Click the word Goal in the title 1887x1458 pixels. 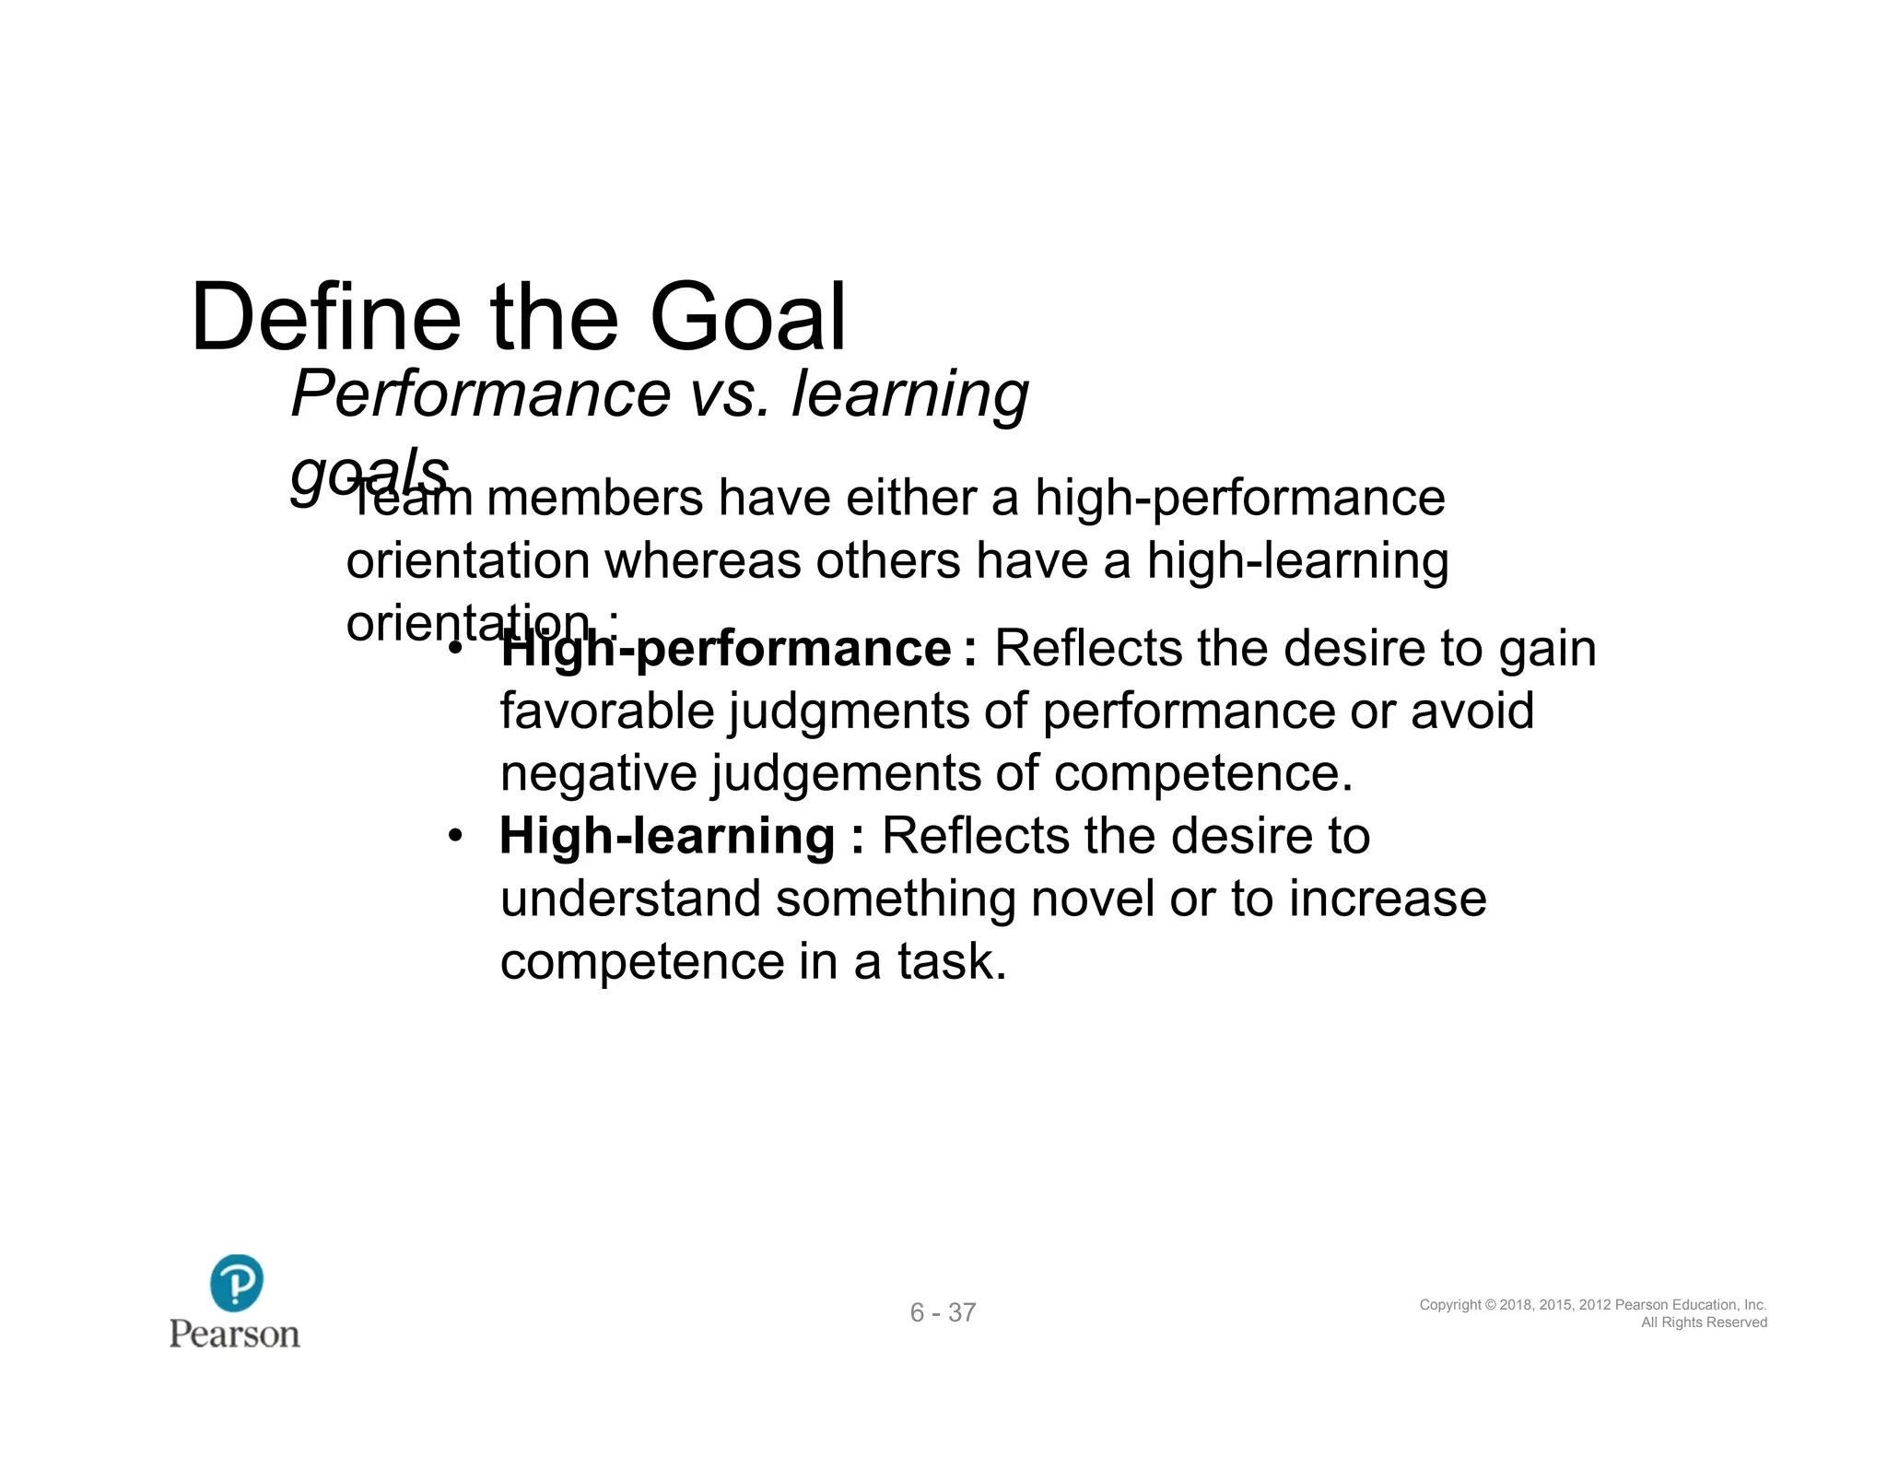747,318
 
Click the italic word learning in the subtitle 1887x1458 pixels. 909,394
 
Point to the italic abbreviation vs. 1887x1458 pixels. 729,394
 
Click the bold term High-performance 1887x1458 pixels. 726,649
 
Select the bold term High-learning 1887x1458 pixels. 667,837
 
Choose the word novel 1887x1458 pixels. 1092,899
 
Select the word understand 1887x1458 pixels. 630,899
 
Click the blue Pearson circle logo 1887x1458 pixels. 236,1283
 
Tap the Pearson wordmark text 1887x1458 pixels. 235,1335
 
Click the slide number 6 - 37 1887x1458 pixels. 943,1312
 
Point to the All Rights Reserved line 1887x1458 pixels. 1704,1323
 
